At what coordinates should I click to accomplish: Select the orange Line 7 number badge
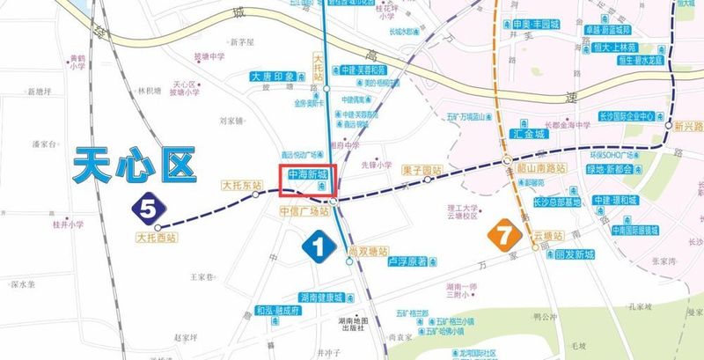[x=503, y=235]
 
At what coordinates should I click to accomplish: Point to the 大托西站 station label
[x=157, y=237]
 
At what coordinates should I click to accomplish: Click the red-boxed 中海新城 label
[x=306, y=175]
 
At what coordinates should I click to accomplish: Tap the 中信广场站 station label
[x=304, y=212]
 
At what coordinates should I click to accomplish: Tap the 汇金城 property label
[x=529, y=135]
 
